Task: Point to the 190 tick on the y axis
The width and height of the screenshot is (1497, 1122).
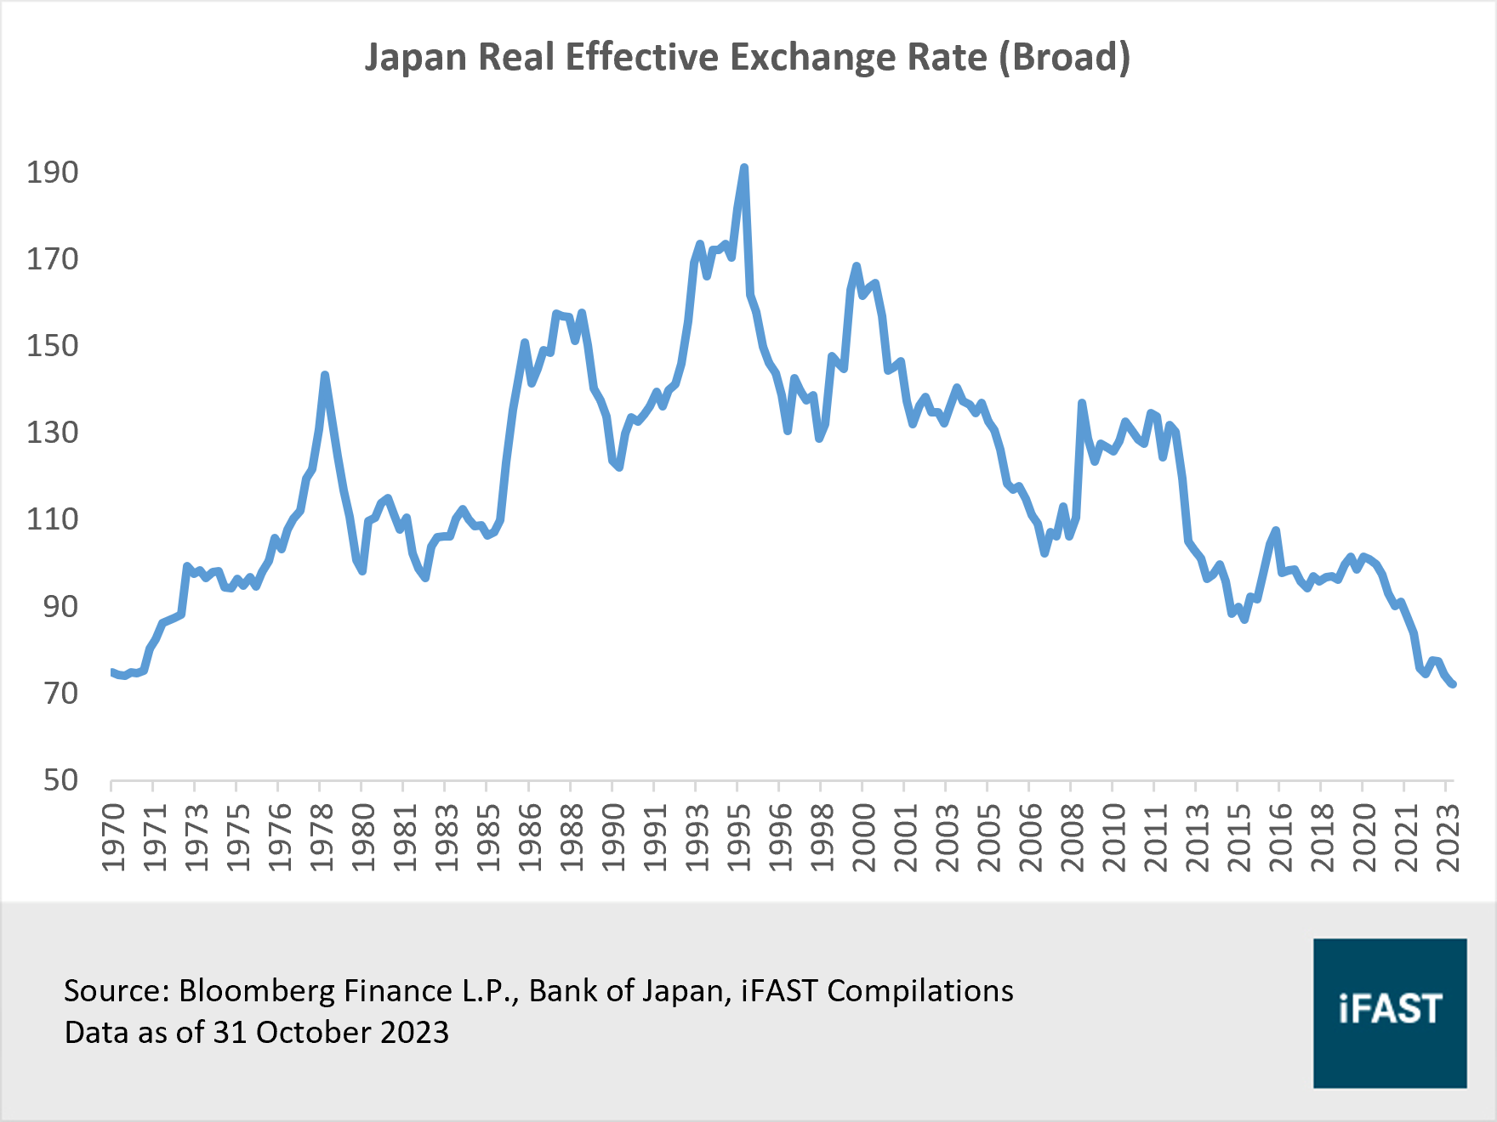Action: click(52, 173)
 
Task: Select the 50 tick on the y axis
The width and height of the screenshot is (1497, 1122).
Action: click(60, 780)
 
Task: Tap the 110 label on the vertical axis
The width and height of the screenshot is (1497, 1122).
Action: click(52, 519)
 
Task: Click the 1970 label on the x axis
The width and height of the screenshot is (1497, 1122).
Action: click(112, 836)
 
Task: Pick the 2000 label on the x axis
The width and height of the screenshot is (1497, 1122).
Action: click(862, 836)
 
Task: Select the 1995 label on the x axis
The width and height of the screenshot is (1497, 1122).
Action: click(737, 836)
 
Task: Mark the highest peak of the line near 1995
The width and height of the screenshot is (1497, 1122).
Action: click(744, 168)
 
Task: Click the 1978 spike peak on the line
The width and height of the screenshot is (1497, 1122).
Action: click(325, 375)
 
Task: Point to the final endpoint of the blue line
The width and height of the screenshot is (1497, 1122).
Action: click(1453, 684)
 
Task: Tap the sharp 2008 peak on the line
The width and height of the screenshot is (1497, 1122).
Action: click(1081, 403)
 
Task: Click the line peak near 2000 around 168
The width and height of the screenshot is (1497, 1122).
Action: click(856, 266)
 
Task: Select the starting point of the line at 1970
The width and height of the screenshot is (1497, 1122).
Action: click(112, 671)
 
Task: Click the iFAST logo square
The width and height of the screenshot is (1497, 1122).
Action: click(1390, 1012)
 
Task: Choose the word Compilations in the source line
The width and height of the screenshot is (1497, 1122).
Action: click(920, 991)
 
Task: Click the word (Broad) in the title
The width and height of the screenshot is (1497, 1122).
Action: click(1064, 58)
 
